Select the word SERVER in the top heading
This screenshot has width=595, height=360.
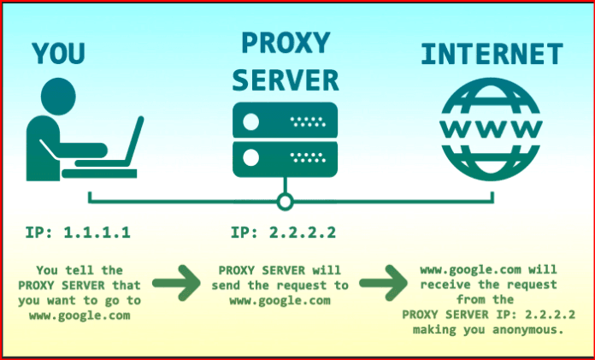[285, 80]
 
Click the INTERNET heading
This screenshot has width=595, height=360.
[492, 56]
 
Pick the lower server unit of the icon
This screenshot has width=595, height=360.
[285, 158]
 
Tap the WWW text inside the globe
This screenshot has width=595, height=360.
[492, 130]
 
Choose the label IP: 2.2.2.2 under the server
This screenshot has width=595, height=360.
[282, 233]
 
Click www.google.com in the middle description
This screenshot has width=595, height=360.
[283, 300]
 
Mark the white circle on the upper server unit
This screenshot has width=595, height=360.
[251, 121]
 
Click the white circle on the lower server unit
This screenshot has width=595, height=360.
[251, 158]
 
